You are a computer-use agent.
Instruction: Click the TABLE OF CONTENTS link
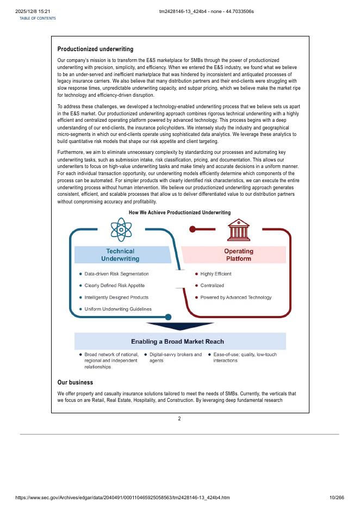click(x=38, y=18)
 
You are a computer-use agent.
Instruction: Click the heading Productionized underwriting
click(x=95, y=49)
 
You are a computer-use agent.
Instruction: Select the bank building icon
click(x=239, y=229)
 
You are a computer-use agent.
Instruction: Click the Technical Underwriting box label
click(x=120, y=255)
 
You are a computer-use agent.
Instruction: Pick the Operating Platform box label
click(x=239, y=255)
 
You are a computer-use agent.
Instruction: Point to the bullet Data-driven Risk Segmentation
click(x=116, y=274)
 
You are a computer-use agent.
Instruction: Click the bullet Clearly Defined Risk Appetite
click(x=114, y=285)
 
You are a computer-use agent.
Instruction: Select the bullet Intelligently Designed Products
click(x=116, y=297)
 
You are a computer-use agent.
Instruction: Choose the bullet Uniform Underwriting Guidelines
click(x=118, y=309)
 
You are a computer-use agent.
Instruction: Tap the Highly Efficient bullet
click(x=215, y=274)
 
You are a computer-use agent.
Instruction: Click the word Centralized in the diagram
click(x=212, y=285)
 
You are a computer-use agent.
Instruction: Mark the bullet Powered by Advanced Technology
click(x=235, y=297)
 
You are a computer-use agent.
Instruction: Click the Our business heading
click(x=75, y=382)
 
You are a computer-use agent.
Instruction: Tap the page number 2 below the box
click(x=179, y=419)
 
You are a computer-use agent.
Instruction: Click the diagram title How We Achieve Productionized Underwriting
click(x=179, y=213)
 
